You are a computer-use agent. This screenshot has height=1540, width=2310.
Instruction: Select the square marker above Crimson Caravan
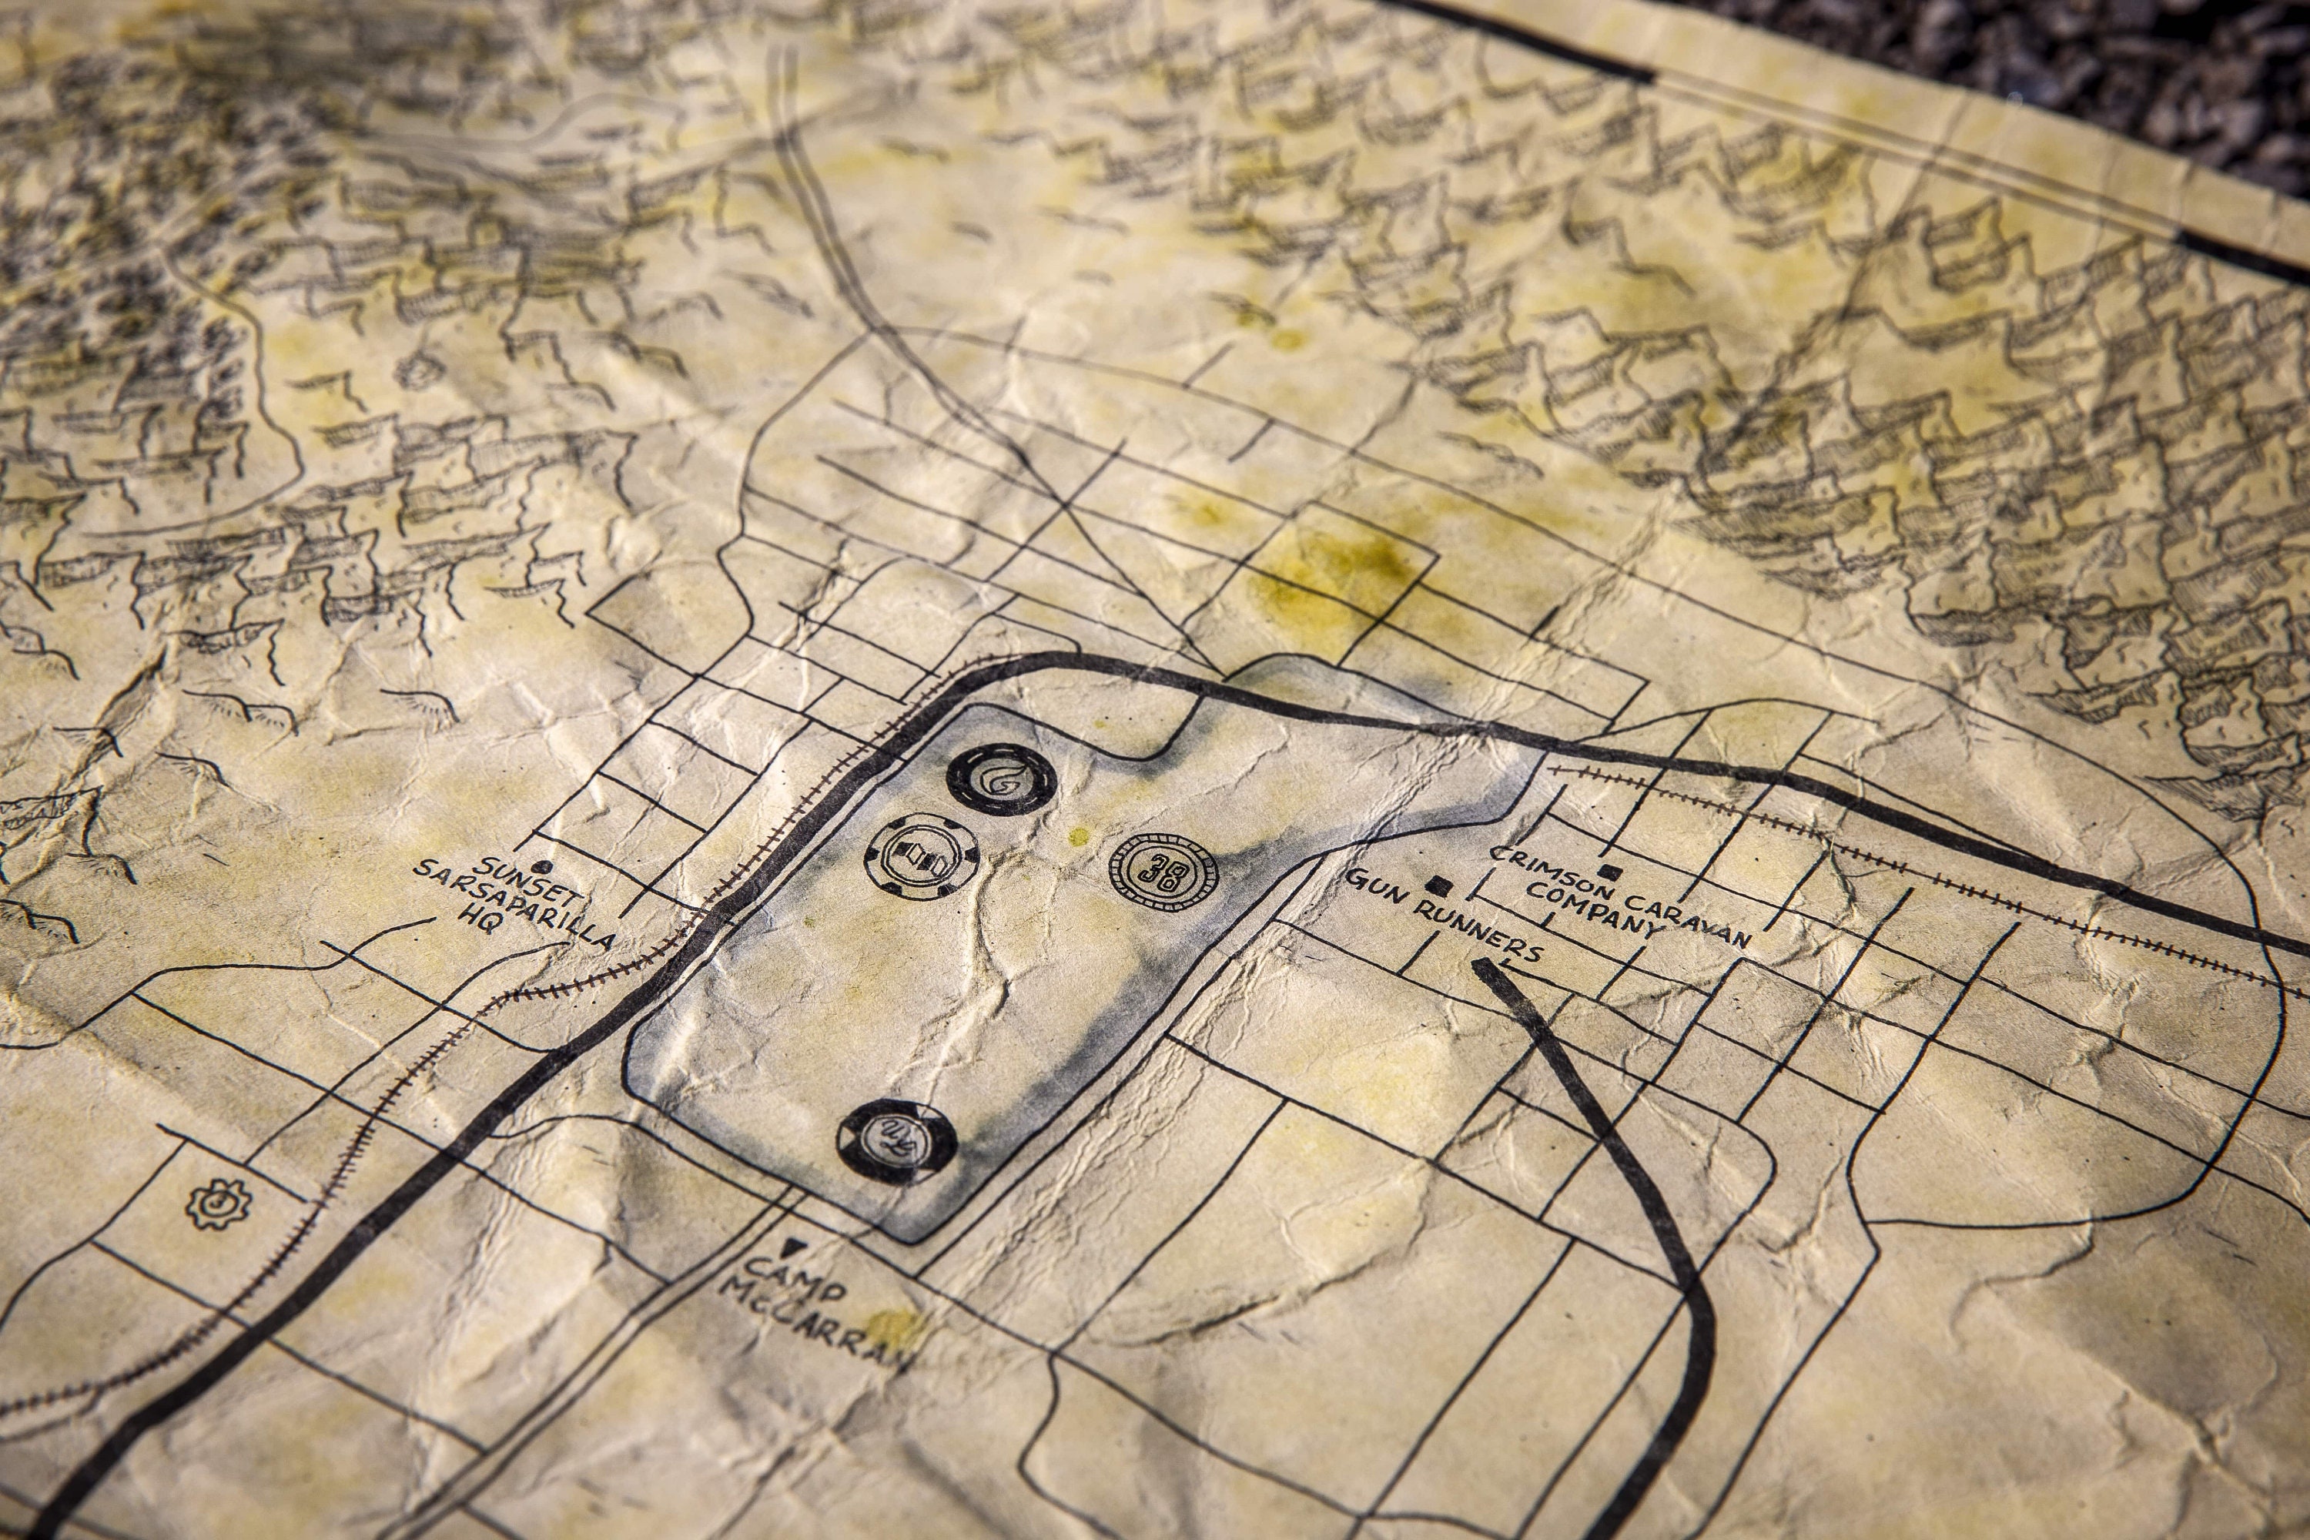point(1609,871)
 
